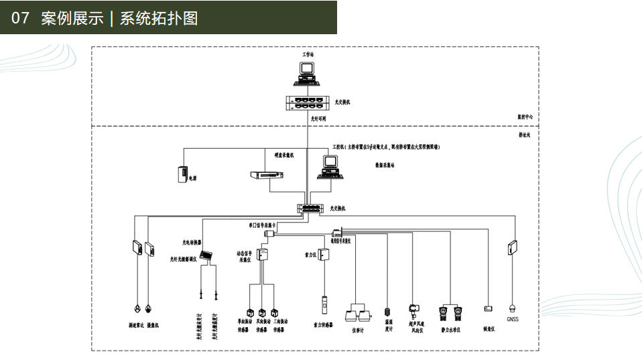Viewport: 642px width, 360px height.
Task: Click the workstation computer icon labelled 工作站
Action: pyautogui.click(x=308, y=72)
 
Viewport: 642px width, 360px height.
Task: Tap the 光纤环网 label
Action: pyautogui.click(x=318, y=121)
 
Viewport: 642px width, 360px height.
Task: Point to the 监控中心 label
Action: pyautogui.click(x=524, y=117)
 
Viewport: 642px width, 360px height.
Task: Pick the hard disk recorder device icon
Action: pyautogui.click(x=266, y=174)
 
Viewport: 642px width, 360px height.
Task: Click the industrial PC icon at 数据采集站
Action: pyautogui.click(x=330, y=166)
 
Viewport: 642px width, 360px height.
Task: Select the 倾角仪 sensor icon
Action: pyautogui.click(x=488, y=308)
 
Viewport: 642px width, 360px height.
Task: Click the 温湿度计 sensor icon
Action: pyautogui.click(x=387, y=311)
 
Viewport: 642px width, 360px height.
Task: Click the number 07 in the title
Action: pyautogui.click(x=21, y=18)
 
